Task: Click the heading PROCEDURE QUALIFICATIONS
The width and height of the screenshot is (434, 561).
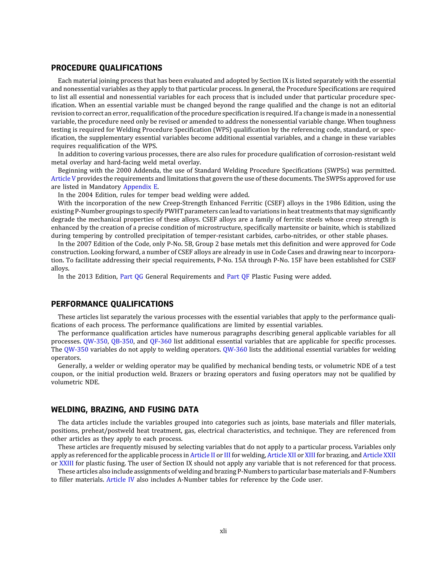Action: click(x=106, y=68)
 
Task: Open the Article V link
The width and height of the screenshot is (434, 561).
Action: click(x=63, y=178)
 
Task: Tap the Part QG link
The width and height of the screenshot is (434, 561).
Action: click(x=131, y=277)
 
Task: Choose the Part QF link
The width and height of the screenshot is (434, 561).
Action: click(x=238, y=277)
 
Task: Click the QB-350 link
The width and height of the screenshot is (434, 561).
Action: click(x=122, y=341)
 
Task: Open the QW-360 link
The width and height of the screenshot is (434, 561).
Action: click(x=235, y=350)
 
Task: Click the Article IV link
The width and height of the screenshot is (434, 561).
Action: click(x=120, y=479)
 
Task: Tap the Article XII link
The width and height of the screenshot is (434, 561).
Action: click(x=282, y=455)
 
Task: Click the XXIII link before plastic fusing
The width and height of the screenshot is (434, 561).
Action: click(x=66, y=463)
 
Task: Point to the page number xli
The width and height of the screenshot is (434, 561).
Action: click(x=223, y=531)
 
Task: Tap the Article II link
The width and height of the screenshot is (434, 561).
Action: click(x=203, y=455)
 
